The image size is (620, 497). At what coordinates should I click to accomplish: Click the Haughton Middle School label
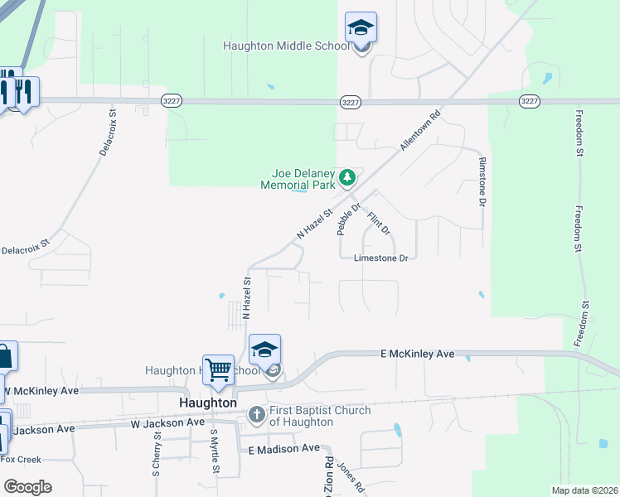coord(286,46)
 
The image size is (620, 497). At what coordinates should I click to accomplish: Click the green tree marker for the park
coord(348,177)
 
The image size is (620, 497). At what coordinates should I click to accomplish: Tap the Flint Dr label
coord(378,223)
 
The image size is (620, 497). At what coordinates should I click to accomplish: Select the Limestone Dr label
coord(381,258)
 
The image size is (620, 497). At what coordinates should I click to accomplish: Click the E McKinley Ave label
coord(418,354)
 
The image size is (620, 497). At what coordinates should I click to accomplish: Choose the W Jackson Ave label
coord(167,422)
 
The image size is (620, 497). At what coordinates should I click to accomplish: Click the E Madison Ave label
coord(284,448)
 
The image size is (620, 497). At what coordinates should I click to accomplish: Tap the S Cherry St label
coord(156,454)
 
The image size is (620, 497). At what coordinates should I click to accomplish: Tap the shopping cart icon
coord(219,369)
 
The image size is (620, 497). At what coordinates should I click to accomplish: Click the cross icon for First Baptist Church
coord(257,414)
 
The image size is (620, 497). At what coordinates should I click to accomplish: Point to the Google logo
coord(27,487)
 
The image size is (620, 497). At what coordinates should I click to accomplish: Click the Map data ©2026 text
coord(584,490)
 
